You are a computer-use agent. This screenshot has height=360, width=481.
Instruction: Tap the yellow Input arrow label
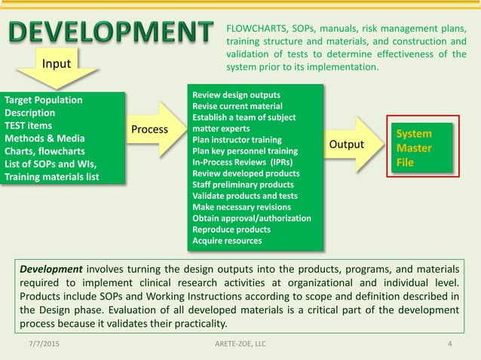coord(57,64)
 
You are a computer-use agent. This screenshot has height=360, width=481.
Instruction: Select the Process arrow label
coord(149,130)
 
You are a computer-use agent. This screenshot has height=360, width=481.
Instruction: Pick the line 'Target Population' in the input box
coord(44,100)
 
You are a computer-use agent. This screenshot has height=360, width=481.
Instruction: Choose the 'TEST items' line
coord(29,126)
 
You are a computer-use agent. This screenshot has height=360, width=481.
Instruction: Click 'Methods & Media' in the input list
coord(44,139)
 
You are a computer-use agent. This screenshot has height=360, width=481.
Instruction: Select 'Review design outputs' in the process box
coord(236,95)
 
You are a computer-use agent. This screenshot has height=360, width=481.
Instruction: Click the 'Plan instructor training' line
coord(237,140)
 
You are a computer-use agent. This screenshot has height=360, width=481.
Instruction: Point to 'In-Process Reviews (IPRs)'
coord(243,162)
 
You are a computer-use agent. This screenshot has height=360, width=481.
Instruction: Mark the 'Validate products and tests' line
coord(242,196)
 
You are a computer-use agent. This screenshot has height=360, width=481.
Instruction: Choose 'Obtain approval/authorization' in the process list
coord(252,218)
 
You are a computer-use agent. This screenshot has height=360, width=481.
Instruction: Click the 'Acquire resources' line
coord(227,241)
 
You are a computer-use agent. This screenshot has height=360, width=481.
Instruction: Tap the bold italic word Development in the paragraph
coord(51,269)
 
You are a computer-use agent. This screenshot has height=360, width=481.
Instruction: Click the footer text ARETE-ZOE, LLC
coord(240,344)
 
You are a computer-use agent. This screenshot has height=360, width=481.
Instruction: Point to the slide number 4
coord(450,344)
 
